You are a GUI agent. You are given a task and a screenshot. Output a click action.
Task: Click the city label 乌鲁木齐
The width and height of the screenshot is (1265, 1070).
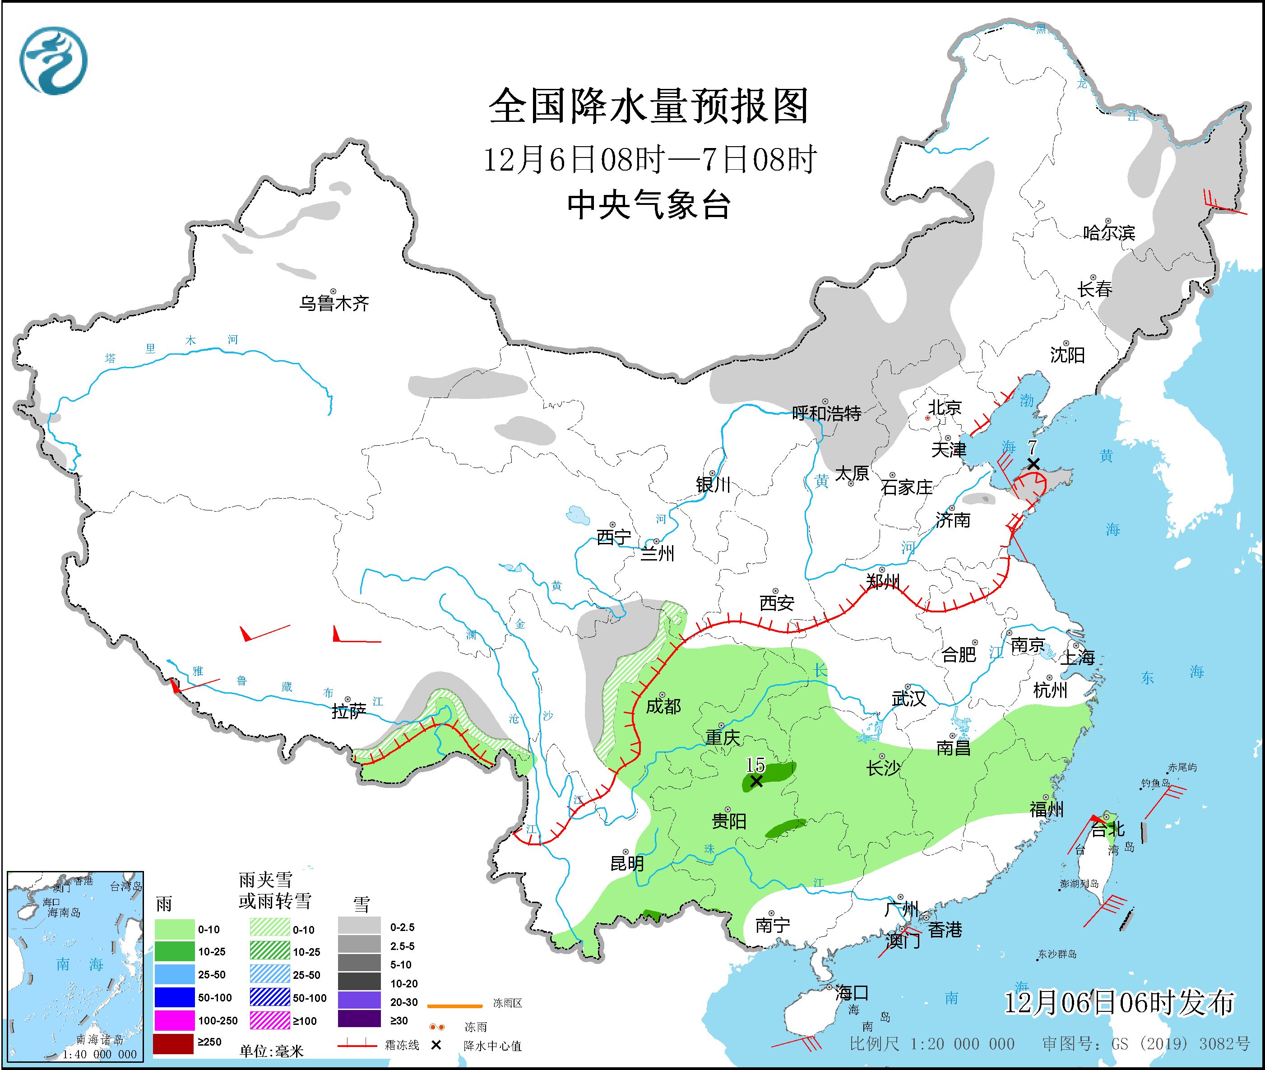point(334,303)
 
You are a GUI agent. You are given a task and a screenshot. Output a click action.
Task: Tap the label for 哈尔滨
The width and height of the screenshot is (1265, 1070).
point(1108,233)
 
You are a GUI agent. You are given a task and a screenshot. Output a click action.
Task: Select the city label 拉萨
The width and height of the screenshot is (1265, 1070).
point(349,712)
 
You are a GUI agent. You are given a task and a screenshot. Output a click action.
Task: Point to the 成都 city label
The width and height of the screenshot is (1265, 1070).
point(663,706)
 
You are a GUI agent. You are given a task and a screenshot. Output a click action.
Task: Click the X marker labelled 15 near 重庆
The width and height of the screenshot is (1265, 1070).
point(756,781)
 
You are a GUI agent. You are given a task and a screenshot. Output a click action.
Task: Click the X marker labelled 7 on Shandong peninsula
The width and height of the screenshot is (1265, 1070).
point(1033,464)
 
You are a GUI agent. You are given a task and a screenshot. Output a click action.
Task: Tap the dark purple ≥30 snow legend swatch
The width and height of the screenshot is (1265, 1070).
point(359,1021)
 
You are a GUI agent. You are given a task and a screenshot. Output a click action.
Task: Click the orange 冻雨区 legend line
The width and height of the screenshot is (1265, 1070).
point(454,1006)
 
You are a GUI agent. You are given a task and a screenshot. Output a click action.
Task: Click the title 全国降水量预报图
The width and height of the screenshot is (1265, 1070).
point(649,106)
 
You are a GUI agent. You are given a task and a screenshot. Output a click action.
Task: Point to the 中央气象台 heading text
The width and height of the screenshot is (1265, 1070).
point(649,204)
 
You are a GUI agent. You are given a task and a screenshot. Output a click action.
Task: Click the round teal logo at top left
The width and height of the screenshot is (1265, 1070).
point(53,60)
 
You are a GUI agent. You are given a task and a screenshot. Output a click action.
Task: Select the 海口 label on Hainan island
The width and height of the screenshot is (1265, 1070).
point(852,993)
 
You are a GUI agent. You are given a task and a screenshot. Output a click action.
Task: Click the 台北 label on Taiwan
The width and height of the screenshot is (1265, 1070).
point(1108,829)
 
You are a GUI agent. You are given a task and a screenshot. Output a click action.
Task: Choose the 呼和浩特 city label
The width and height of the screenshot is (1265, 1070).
point(826,414)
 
